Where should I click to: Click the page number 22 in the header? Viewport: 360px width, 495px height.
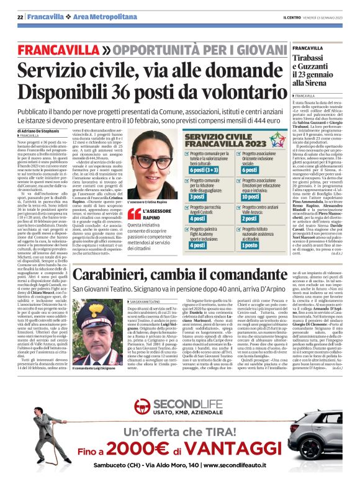point(20,17)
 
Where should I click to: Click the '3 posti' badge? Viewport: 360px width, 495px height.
point(198,197)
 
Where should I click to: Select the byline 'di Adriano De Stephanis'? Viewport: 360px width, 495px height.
point(43,133)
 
